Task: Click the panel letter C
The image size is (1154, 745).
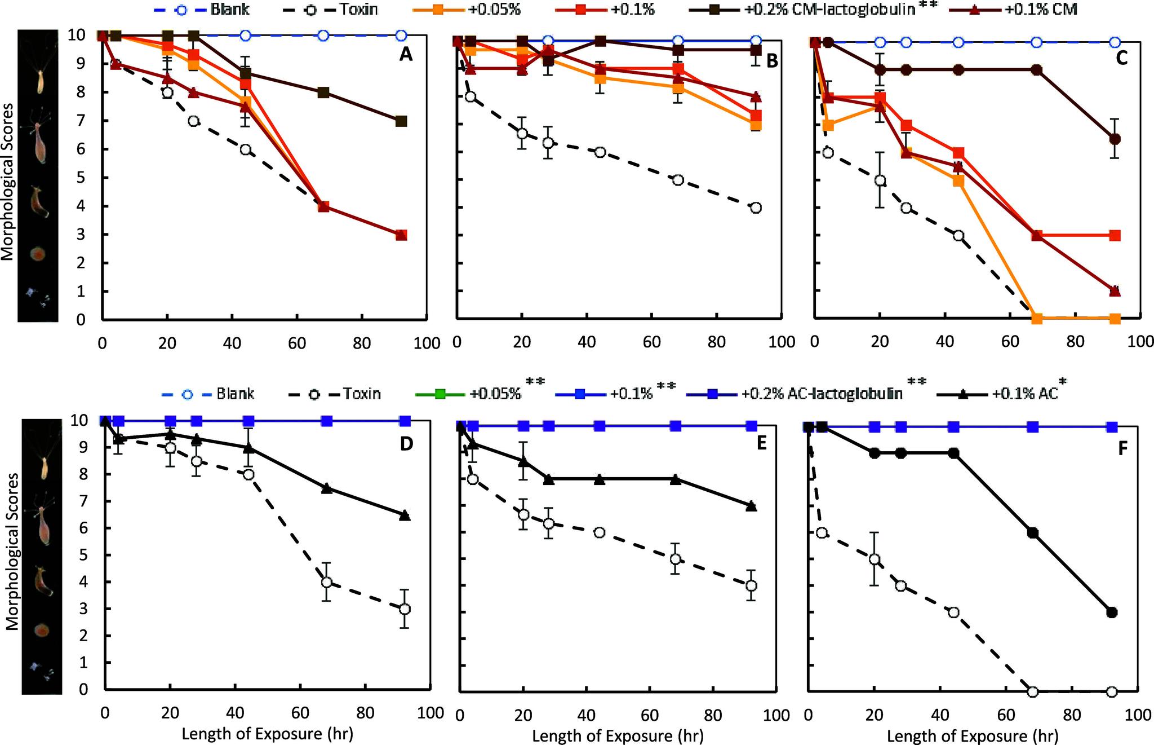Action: coord(1121,58)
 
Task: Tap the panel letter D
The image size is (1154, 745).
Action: coord(406,444)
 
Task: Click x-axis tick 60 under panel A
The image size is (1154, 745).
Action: coord(297,343)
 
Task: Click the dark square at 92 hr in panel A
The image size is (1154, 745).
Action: coord(401,121)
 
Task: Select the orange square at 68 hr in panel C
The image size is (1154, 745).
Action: coord(1036,319)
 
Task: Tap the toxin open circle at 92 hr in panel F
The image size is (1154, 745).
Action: coord(1112,691)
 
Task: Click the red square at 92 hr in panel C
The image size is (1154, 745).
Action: coord(1114,235)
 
